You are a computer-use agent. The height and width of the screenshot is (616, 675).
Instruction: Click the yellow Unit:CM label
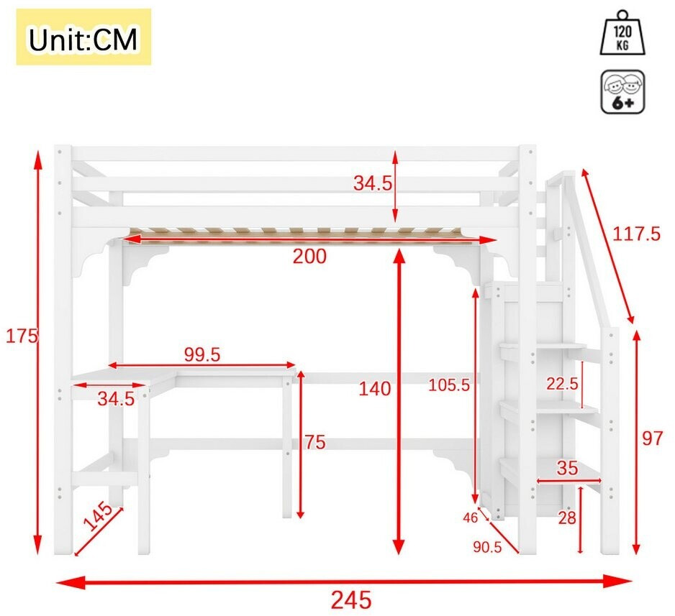pos(83,37)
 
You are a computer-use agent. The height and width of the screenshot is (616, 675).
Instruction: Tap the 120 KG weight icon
pos(622,34)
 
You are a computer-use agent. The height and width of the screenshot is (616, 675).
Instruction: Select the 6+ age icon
pos(623,91)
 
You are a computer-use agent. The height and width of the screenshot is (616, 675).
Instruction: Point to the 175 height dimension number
pos(22,336)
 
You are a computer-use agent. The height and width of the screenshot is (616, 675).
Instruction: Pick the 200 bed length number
pos(309,257)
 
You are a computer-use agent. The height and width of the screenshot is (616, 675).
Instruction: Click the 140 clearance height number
pos(374,389)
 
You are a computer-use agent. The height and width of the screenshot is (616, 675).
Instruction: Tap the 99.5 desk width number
pos(202,354)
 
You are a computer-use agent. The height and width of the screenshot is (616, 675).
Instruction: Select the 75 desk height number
pos(315,442)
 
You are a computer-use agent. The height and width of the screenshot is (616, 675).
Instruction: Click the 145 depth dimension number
pos(97,516)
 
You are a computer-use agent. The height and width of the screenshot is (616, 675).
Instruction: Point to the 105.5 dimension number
pos(449,385)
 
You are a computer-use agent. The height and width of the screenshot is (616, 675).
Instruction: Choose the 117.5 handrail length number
pos(636,234)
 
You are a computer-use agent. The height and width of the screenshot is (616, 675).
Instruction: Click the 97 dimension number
pos(653,439)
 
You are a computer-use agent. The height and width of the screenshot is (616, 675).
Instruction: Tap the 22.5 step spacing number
pos(562,383)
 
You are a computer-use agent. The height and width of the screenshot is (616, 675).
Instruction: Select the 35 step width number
pos(567,468)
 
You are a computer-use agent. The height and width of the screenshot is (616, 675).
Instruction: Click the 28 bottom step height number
pos(566,518)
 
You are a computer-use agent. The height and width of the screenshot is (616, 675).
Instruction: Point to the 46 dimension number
pos(471,518)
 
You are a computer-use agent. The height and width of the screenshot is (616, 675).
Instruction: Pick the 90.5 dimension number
pos(487,547)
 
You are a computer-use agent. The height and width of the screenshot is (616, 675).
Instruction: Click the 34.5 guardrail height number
pos(373,183)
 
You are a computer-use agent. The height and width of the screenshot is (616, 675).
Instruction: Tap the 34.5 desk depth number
pos(116,399)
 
